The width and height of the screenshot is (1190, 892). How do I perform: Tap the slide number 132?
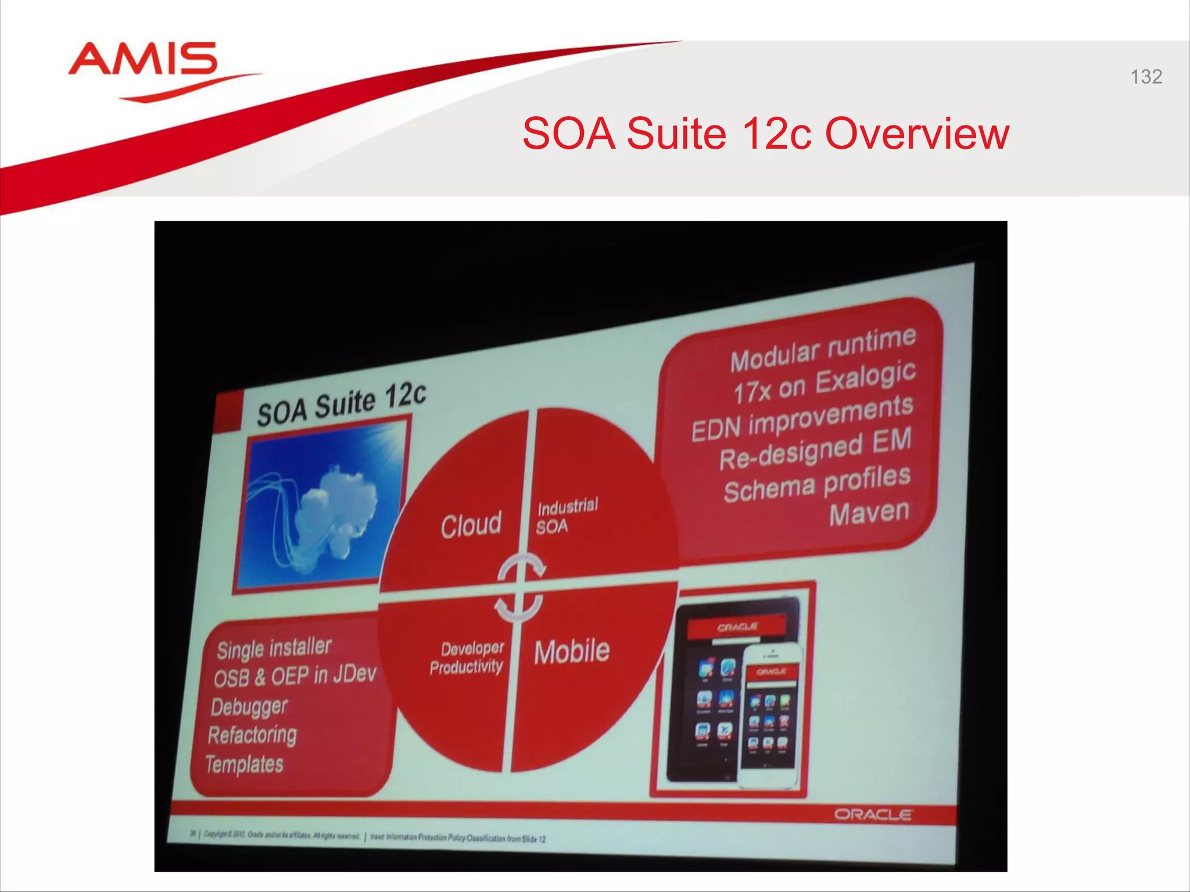pyautogui.click(x=1146, y=77)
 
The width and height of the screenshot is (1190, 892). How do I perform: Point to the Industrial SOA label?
pyautogui.click(x=567, y=516)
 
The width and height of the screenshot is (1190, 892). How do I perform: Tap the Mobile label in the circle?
pyautogui.click(x=572, y=651)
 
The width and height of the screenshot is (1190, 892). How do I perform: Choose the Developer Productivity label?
pyautogui.click(x=468, y=657)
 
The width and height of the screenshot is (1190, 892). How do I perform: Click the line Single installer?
pyautogui.click(x=274, y=648)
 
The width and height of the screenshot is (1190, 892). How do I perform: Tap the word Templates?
pyautogui.click(x=245, y=764)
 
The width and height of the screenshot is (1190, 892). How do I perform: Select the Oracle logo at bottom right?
pyautogui.click(x=873, y=814)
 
